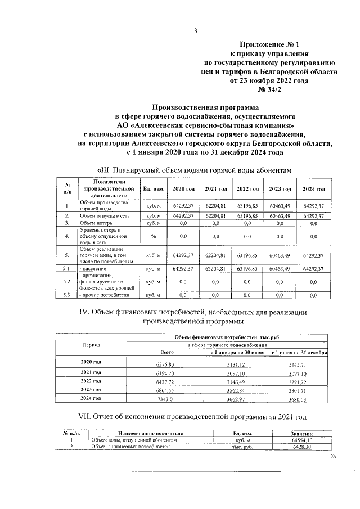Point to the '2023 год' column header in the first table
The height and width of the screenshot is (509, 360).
(x=279, y=189)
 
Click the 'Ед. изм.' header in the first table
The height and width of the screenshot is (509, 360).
(x=153, y=189)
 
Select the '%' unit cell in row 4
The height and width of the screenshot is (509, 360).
(x=153, y=236)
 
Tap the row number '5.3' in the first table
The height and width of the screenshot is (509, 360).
(x=66, y=294)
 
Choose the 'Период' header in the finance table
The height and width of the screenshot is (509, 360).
(x=91, y=344)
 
